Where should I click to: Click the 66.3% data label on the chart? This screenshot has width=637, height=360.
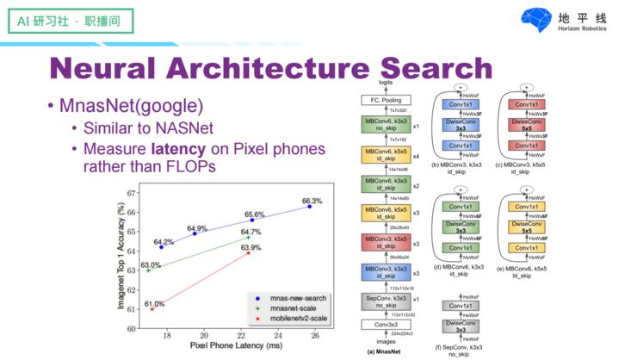click(x=312, y=202)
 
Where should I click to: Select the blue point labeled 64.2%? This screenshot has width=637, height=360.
click(x=161, y=247)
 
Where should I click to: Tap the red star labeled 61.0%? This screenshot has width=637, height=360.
click(x=152, y=308)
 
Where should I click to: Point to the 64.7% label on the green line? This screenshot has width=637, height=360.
click(x=250, y=232)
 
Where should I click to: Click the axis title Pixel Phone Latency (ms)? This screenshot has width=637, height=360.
click(x=232, y=346)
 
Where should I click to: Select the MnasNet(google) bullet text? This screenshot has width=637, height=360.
click(x=131, y=107)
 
